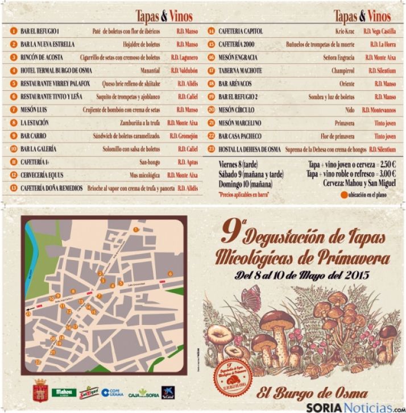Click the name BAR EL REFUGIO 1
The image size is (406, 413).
point(40,31)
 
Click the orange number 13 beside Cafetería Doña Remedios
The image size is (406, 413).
point(13,187)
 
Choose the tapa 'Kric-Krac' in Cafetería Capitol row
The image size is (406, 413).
point(345,31)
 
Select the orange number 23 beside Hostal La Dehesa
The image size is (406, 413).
point(211,149)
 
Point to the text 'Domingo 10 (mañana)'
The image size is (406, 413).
point(245,183)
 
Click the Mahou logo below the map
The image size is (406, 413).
point(64,392)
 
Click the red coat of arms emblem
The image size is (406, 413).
point(40,389)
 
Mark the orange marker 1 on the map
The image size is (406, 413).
point(136,228)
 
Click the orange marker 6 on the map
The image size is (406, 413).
point(169,274)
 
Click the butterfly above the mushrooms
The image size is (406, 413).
point(251,296)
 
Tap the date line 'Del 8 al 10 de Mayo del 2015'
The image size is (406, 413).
point(302,277)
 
